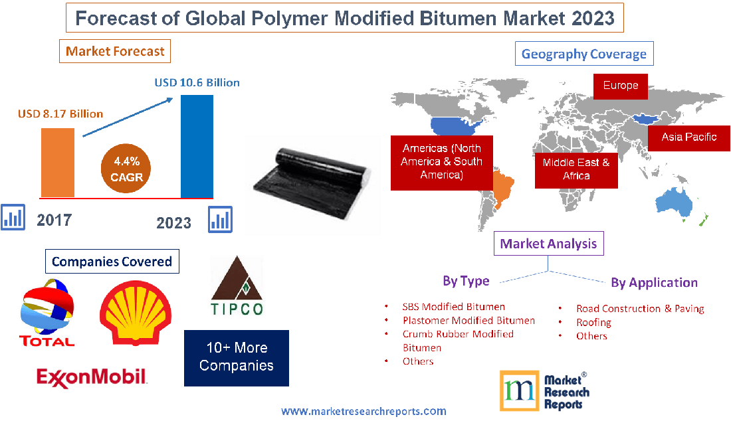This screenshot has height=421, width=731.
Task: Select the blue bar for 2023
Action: pos(197,146)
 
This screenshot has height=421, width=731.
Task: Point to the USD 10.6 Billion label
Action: pos(197,83)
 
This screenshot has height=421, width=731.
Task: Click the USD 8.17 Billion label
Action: pos(60,114)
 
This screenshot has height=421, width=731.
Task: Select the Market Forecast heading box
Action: pos(115,51)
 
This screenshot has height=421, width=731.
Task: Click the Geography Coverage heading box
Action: pos(584,54)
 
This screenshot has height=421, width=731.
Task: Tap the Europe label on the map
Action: pos(620,86)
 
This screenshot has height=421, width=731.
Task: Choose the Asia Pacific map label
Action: pos(688,137)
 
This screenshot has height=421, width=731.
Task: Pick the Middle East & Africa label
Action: pos(575,169)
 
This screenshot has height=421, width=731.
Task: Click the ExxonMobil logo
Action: pos(91,377)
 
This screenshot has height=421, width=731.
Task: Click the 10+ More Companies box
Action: pos(237,357)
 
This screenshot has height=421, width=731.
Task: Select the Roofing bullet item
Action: pos(593,322)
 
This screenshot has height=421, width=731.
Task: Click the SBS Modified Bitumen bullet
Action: pos(453,307)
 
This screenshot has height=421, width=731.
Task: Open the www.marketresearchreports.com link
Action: pos(364,412)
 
